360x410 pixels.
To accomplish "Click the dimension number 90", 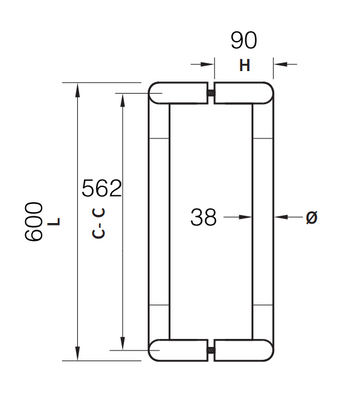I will pos(245,42).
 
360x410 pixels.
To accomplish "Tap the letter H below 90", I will pos(245,66).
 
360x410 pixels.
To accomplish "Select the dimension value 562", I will pos(101,188).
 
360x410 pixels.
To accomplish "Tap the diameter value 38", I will pos(203,215).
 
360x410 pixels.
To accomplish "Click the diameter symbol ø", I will pos(311,216).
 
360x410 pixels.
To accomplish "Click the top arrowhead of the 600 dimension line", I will pos(77,90).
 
